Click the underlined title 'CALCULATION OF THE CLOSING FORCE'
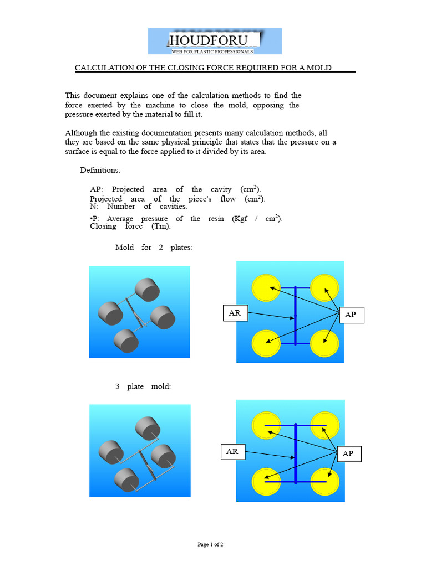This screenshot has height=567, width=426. coord(204,68)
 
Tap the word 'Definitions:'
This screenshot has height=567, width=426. coord(100,169)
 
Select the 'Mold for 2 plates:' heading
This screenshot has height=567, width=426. coord(154,248)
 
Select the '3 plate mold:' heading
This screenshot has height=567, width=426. coord(143,386)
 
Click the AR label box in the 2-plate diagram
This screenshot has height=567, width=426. coord(235,313)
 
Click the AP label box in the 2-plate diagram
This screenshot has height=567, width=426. coord(351,315)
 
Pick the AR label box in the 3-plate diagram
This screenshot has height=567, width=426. coord(232,452)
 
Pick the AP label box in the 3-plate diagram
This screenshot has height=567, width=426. coord(348,453)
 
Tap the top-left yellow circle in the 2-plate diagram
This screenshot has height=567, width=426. coord(266,288)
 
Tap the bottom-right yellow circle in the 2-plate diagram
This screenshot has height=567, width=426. coord(324,344)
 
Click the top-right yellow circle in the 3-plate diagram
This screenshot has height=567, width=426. coord(324,425)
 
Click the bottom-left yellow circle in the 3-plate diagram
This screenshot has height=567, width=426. coord(266,482)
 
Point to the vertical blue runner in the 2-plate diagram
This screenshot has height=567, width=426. coord(296,316)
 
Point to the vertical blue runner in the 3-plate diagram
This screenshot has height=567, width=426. coord(296,453)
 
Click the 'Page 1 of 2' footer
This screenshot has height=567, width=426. coord(210,545)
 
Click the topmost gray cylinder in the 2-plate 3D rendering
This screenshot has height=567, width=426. coord(147,290)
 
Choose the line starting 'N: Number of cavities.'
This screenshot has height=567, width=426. coord(139,207)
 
